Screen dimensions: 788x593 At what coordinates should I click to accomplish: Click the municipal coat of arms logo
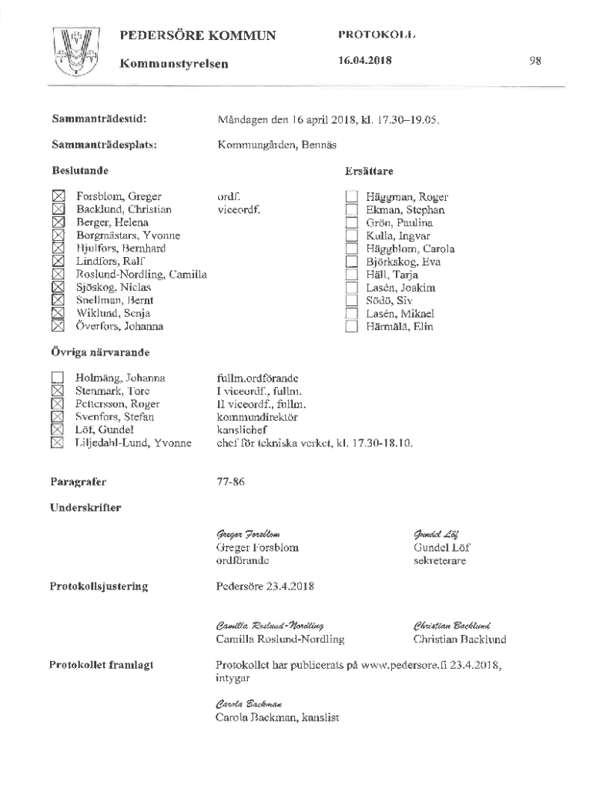click(75, 50)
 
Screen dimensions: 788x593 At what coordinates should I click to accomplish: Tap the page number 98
click(536, 61)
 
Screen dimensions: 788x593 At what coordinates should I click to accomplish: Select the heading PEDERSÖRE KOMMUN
click(197, 35)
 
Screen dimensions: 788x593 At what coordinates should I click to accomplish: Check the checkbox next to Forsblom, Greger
click(58, 197)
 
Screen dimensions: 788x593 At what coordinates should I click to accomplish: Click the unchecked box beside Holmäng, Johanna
click(58, 378)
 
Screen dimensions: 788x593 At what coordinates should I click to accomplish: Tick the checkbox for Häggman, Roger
click(352, 197)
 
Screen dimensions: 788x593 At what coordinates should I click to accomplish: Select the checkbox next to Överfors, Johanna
click(58, 326)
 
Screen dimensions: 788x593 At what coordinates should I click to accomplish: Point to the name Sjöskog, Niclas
click(113, 287)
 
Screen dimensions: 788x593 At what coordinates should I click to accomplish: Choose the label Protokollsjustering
click(99, 587)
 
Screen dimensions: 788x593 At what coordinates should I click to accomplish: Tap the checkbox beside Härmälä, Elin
click(352, 326)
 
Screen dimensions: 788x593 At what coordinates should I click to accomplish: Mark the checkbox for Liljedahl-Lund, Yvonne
click(58, 442)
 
